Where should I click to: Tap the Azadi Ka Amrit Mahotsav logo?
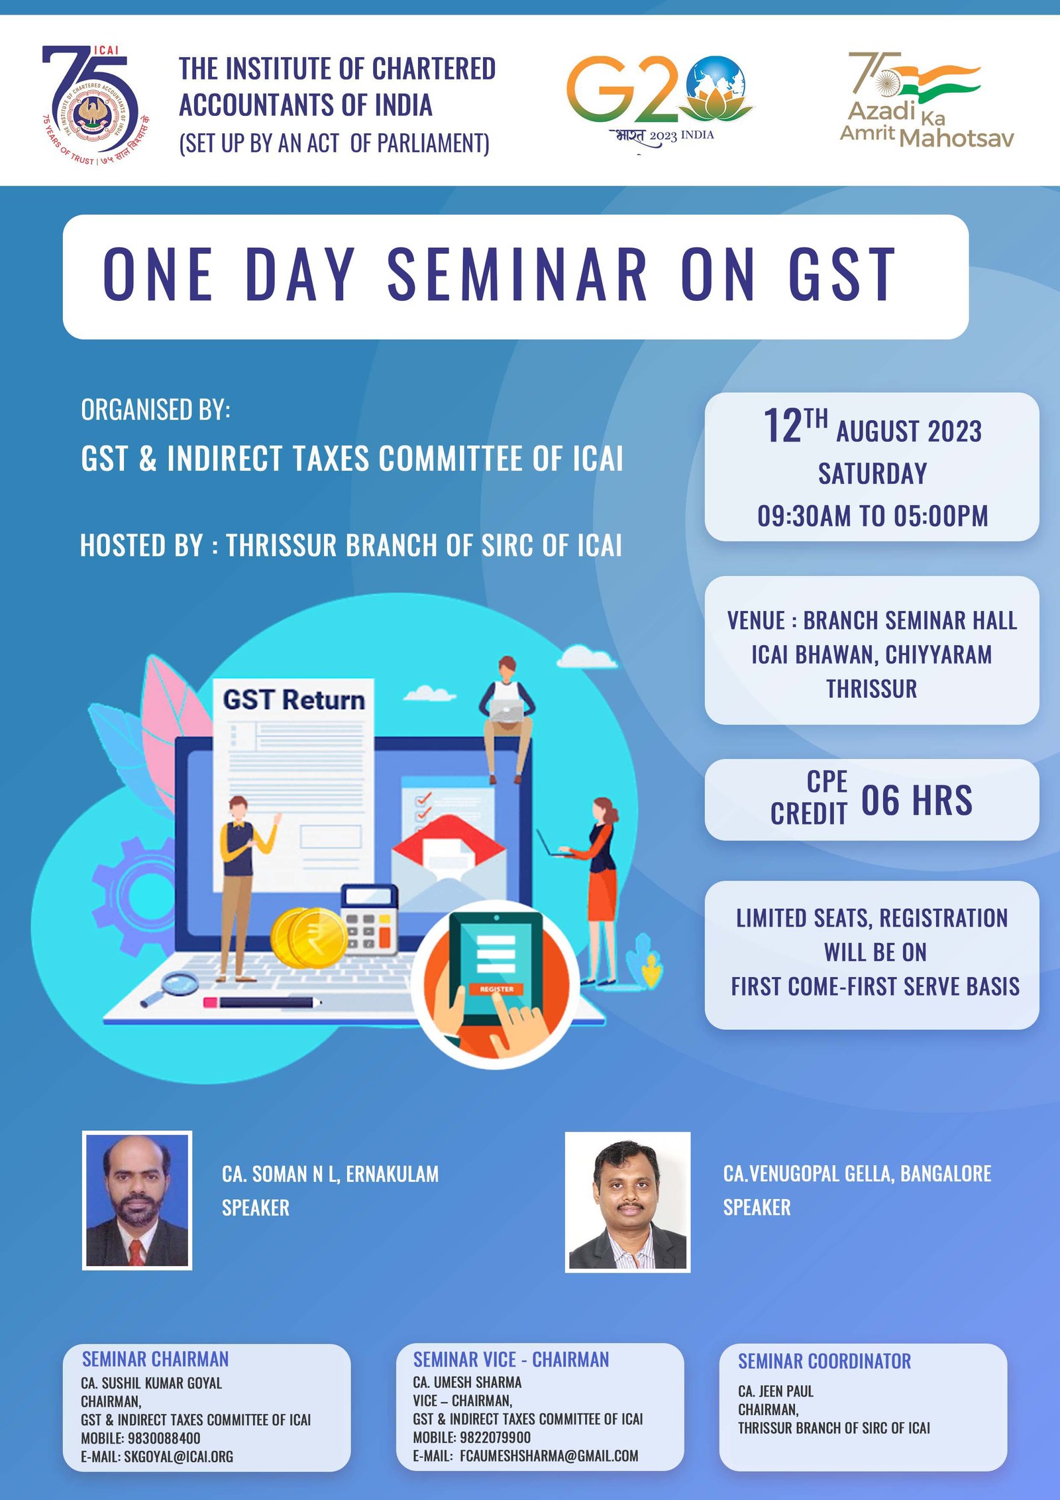[927, 99]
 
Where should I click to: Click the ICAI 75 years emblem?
[95, 105]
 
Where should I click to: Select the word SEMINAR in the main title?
[517, 274]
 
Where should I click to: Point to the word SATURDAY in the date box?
[873, 474]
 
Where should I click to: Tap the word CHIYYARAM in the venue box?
[939, 655]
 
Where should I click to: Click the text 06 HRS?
[916, 800]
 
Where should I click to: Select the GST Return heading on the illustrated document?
[293, 699]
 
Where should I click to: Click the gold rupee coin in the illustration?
[309, 937]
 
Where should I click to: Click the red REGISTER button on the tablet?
[497, 989]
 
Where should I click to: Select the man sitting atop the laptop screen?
[507, 719]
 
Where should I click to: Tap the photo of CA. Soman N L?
[137, 1200]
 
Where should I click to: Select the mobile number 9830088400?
[164, 1438]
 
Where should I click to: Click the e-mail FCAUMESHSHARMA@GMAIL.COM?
[549, 1456]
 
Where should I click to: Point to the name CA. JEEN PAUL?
[776, 1391]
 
